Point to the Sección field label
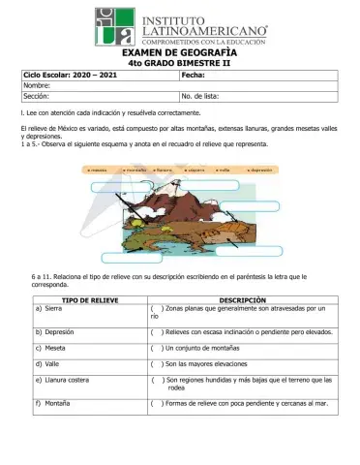point(36,97)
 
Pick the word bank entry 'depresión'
point(262,169)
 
